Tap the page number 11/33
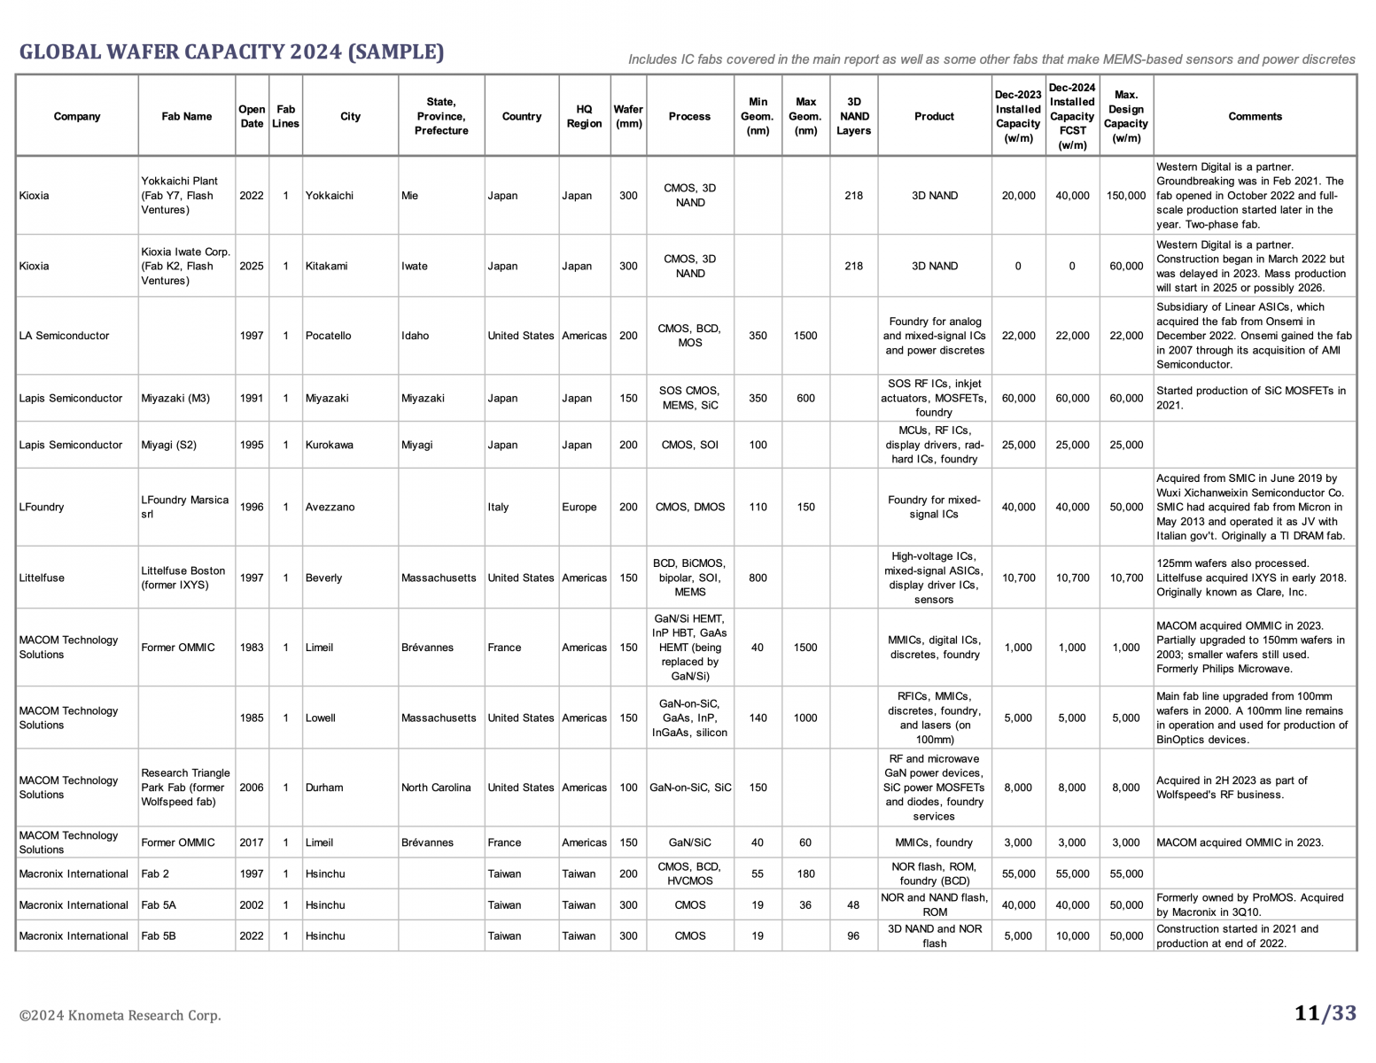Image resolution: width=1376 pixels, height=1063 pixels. [1325, 1013]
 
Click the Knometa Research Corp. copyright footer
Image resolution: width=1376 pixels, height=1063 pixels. [120, 1015]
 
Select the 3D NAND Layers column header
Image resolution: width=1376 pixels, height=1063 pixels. [853, 116]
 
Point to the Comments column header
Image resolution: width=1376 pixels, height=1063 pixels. [1255, 116]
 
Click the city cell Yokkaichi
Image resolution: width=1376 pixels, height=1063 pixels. [330, 196]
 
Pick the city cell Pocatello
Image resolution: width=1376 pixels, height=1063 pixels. [328, 336]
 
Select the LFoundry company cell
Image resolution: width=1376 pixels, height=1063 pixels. [42, 508]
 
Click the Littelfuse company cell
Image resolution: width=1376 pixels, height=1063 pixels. [42, 578]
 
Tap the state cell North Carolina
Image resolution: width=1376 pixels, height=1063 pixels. [436, 788]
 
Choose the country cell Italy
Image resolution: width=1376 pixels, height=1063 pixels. [498, 508]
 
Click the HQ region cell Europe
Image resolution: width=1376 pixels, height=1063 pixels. [579, 508]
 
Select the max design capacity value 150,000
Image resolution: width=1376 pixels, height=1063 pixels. [1125, 196]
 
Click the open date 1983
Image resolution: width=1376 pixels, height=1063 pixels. [252, 648]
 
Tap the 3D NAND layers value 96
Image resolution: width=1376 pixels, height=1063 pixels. [853, 936]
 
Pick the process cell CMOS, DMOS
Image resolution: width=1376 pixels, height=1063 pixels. [689, 508]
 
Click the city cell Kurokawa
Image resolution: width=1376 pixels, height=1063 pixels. [330, 445]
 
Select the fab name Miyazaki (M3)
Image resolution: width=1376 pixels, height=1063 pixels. [175, 399]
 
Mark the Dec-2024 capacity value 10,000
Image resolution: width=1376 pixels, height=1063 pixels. [1072, 936]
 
